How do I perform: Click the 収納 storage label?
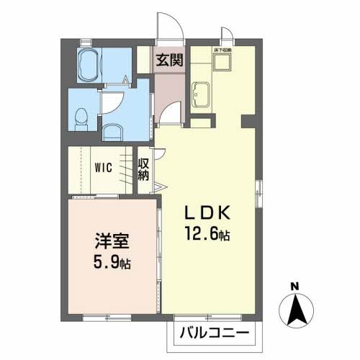click(144, 169)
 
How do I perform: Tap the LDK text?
click(208, 213)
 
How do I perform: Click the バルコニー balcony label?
click(214, 333)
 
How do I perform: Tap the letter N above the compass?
click(294, 287)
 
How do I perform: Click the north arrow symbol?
click(294, 312)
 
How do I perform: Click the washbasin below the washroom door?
click(112, 131)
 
